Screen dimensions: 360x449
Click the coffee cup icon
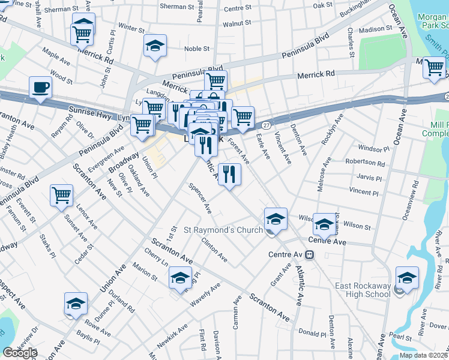40,88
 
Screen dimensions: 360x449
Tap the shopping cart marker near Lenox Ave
62,195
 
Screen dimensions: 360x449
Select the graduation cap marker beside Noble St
155,46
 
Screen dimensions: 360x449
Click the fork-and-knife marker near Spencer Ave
229,174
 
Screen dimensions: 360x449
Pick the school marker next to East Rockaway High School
407,278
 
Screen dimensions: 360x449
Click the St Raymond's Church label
223,230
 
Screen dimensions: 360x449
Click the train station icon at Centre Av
310,254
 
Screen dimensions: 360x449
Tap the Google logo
20,353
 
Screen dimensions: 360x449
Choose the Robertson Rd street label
365,163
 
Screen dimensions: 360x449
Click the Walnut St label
236,23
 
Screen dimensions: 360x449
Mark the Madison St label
376,29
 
